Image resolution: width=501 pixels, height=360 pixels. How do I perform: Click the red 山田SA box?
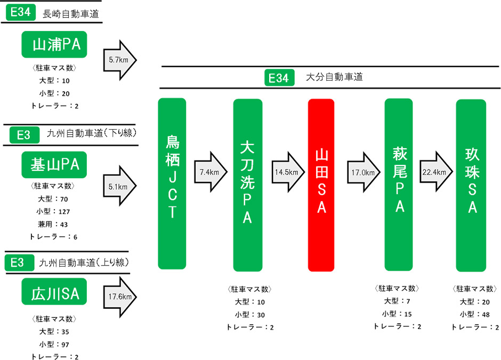pyautogui.click(x=321, y=185)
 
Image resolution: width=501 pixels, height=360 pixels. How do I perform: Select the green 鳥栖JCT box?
pyautogui.click(x=172, y=183)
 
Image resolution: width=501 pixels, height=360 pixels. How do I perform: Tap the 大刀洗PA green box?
pyautogui.click(x=247, y=185)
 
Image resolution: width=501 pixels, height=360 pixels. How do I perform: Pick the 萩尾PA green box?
pyautogui.click(x=399, y=184)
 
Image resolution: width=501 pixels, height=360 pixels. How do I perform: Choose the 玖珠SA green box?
pyautogui.click(x=471, y=185)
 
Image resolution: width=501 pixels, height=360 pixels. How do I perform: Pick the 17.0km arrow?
pyautogui.click(x=362, y=172)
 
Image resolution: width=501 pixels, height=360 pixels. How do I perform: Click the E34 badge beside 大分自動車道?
pyautogui.click(x=279, y=78)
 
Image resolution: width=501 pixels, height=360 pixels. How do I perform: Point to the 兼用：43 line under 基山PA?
pyautogui.click(x=54, y=225)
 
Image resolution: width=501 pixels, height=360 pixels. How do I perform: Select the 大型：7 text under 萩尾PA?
pyautogui.click(x=398, y=302)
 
